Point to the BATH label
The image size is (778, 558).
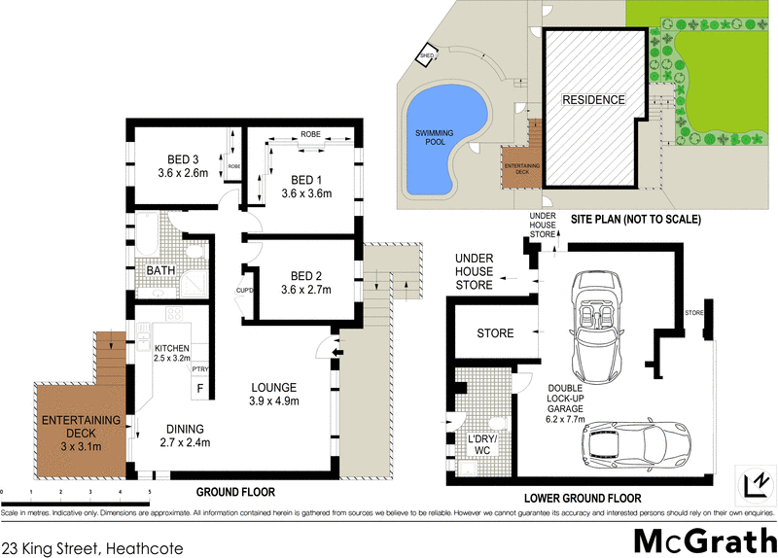click(x=161, y=270)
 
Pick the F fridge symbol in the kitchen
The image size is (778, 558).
click(x=200, y=390)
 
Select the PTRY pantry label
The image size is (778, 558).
click(x=200, y=369)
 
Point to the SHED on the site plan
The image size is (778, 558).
click(x=426, y=57)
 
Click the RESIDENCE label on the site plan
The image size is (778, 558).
click(x=593, y=100)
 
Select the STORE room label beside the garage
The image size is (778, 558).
click(x=494, y=333)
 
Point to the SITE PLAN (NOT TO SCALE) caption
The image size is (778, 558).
click(x=635, y=220)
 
